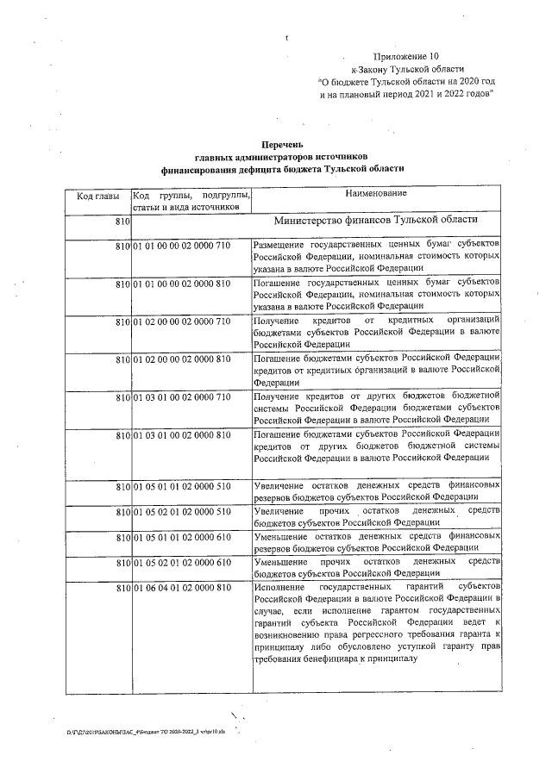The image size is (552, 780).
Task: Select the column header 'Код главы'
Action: pyautogui.click(x=97, y=196)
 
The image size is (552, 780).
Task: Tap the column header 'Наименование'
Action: pyautogui.click(x=376, y=195)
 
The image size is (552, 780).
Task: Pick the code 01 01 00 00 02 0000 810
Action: pyautogui.click(x=181, y=283)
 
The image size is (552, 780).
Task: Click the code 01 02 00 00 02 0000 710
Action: pyautogui.click(x=181, y=321)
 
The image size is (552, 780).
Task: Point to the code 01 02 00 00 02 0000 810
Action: pyautogui.click(x=181, y=358)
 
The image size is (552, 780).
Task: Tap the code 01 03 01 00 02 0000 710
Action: pyautogui.click(x=181, y=396)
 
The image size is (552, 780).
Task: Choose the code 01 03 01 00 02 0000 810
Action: pyautogui.click(x=181, y=434)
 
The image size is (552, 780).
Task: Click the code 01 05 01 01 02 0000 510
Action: pyautogui.click(x=181, y=487)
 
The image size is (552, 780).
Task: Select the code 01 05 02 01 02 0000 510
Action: pyautogui.click(x=181, y=512)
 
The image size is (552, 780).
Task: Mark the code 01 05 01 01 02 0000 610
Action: pyautogui.click(x=181, y=536)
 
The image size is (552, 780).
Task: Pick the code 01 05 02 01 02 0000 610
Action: pyautogui.click(x=181, y=562)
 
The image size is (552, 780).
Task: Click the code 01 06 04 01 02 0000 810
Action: pyautogui.click(x=181, y=587)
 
